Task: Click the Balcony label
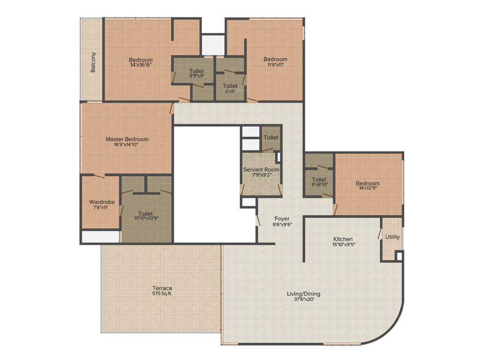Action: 93,62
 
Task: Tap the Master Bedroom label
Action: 127,139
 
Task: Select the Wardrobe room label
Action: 102,202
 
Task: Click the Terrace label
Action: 162,288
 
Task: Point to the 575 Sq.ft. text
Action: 162,294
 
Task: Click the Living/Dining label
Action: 304,294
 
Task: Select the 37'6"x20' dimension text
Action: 304,300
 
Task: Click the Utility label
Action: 393,237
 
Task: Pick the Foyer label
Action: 282,218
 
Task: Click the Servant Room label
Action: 261,169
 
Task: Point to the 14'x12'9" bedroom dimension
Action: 367,189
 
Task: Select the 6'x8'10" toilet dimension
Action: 319,185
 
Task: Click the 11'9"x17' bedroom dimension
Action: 275,65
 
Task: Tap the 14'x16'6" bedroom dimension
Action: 141,66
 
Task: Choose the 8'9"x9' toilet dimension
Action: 196,75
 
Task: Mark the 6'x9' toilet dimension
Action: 230,91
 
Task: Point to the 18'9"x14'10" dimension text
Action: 127,145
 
